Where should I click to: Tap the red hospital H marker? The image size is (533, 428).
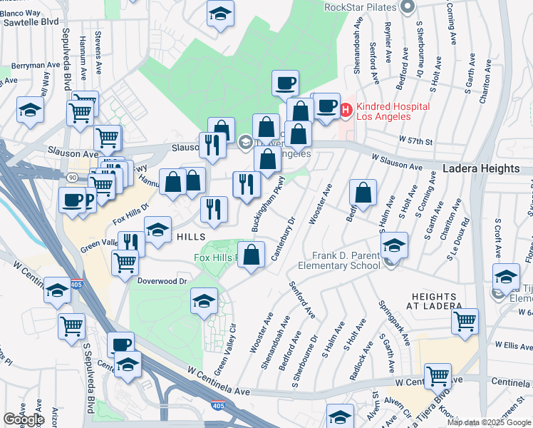tap(346, 110)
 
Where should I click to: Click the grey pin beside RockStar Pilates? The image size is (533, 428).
tap(408, 8)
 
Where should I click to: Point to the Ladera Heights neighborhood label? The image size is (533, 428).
tap(481, 169)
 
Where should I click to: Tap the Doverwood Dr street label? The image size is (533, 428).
tap(162, 281)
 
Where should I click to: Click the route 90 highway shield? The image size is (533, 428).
tap(73, 176)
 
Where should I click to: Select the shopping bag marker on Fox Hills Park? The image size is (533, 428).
tap(252, 255)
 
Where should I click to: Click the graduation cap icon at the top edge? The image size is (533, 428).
tap(221, 13)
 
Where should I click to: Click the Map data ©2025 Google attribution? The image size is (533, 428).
tap(489, 422)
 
